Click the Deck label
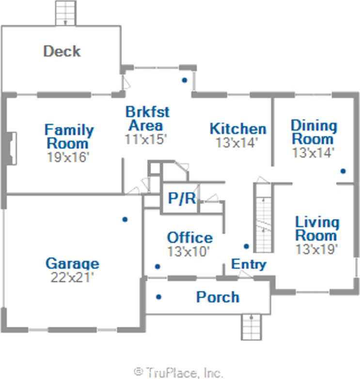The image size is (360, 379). (62, 51)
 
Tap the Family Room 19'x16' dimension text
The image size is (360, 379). (68, 157)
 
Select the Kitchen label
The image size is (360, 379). (238, 129)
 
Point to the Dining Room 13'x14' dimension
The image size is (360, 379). (313, 152)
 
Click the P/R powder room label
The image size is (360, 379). (182, 198)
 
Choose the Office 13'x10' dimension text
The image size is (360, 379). (188, 251)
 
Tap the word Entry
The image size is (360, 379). (249, 264)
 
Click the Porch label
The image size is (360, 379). (218, 297)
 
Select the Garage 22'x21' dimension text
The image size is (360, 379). (72, 277)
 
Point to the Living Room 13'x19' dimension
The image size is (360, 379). (317, 249)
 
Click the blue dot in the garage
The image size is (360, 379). (125, 219)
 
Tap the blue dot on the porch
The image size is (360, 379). (159, 297)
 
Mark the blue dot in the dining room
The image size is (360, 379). (343, 171)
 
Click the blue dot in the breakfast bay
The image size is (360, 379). (185, 80)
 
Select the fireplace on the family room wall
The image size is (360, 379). (12, 149)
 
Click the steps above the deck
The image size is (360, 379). (65, 13)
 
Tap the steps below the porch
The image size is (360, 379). (251, 327)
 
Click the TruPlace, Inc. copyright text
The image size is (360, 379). (178, 373)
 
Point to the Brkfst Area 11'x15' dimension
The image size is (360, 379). (146, 139)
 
